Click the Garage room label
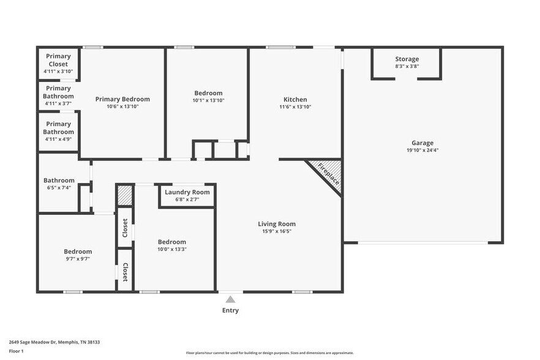pos(422,143)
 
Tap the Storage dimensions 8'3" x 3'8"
pos(407,66)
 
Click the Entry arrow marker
pos(230,299)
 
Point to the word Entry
pos(230,310)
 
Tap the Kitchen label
pos(295,100)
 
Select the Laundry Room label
pos(187,192)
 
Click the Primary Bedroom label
pos(122,99)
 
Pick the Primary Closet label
pos(59,60)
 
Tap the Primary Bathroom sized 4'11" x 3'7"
pos(59,96)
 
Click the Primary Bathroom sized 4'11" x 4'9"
pos(59,132)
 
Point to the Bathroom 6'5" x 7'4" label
pos(59,181)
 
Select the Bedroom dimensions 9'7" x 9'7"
pos(78,259)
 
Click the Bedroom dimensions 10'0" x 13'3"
pos(171,249)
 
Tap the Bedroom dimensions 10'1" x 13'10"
pos(208,100)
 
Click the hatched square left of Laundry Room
pos(124,195)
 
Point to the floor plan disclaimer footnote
pos(269,353)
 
